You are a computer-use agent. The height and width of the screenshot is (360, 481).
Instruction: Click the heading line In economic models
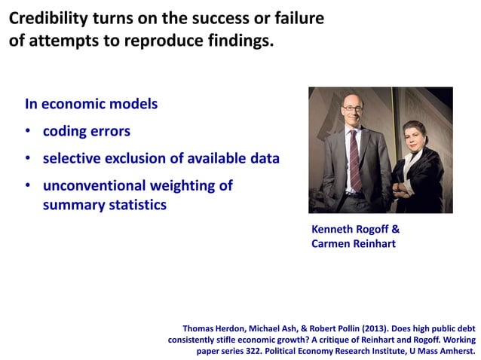(x=91, y=104)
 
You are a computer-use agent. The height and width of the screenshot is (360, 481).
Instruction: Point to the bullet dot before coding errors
(x=28, y=132)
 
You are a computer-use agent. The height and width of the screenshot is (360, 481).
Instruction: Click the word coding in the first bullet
(x=64, y=132)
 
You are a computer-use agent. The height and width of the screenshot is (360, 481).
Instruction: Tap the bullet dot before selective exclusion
(x=28, y=159)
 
